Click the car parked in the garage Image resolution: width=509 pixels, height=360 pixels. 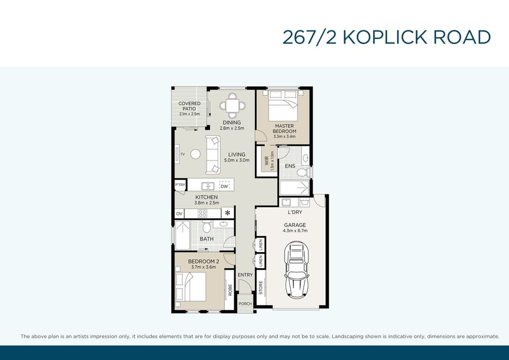pos(296,269)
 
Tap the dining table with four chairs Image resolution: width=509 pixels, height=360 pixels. pos(233,105)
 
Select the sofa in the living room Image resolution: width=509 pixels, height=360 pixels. pos(213,155)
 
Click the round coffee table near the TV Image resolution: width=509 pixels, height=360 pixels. pos(196,154)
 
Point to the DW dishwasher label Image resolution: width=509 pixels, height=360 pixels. pos(224,186)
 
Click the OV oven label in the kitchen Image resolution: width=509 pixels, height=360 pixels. pos(179,214)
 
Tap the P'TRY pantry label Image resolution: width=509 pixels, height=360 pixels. pos(180,184)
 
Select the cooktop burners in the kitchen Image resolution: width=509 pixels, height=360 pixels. pos(203,213)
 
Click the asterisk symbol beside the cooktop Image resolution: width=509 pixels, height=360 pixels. pos(228,213)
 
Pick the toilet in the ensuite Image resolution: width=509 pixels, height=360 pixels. pos(303,172)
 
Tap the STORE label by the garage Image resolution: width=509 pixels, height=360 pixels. pos(261,287)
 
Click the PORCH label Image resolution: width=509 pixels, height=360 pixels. pos(245,304)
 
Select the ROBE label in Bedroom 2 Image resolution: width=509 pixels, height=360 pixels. pos(230,290)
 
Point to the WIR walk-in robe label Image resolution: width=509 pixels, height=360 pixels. pos(267,161)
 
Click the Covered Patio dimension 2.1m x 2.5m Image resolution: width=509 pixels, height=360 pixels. pos(189,114)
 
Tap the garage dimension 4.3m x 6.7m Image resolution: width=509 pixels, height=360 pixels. pos(295,231)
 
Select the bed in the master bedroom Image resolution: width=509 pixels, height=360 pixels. pos(284,105)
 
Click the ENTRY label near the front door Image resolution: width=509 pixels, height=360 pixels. pos(245,275)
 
